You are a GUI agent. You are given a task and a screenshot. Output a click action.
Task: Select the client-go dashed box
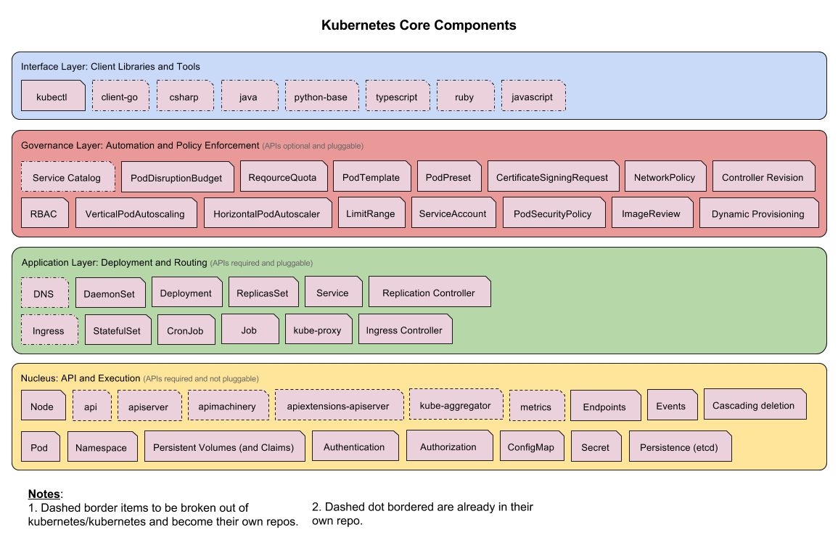pos(120,97)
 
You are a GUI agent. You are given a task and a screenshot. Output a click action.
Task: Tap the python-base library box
pos(321,97)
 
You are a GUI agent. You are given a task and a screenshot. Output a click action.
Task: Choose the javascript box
pos(533,97)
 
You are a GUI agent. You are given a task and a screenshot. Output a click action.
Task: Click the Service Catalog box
pos(67,177)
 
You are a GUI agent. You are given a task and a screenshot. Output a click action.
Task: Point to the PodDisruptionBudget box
pos(177,178)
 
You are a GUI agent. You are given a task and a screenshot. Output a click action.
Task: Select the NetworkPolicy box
pos(665,177)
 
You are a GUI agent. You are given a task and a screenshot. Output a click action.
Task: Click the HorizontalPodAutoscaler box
pos(267,214)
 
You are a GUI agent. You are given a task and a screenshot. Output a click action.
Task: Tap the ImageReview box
pos(652,213)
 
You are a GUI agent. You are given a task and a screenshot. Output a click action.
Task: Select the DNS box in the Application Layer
pos(44,293)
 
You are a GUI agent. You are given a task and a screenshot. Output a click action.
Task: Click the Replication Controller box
pos(430,293)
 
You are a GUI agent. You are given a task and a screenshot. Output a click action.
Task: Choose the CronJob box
pos(186,330)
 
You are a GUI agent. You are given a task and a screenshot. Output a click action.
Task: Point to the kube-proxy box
pos(318,330)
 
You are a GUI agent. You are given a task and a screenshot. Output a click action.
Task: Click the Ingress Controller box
pos(405,330)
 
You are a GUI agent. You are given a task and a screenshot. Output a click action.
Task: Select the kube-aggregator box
pos(456,405)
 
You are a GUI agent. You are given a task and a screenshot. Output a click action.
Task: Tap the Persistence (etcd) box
pos(680,447)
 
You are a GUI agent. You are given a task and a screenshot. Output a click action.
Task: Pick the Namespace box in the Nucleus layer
pos(102,448)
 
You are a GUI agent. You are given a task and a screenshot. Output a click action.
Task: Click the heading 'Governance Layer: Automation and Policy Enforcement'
pos(140,145)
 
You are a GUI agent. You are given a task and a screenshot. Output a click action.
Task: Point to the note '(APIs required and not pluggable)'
pos(201,378)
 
